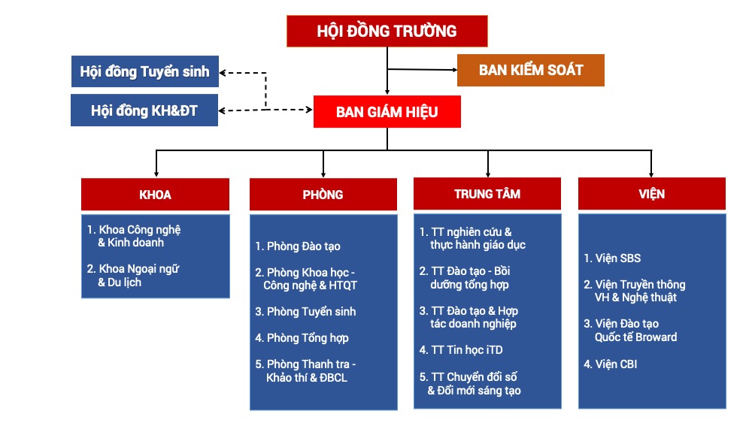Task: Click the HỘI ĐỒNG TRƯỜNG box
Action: (x=387, y=31)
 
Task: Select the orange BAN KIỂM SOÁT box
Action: (x=531, y=70)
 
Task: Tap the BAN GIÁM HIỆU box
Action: (x=387, y=112)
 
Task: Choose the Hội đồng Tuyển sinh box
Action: (x=144, y=72)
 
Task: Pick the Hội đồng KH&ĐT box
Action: (x=144, y=110)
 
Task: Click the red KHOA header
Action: (x=155, y=195)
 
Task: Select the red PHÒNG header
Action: (x=323, y=195)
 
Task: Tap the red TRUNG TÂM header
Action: (x=487, y=194)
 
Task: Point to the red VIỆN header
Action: (x=651, y=194)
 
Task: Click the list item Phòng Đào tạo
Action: (x=298, y=246)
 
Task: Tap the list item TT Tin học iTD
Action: (x=461, y=350)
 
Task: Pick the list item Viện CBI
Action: (x=611, y=364)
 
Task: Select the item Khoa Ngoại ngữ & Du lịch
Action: (x=133, y=276)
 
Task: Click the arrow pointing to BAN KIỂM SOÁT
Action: (x=453, y=70)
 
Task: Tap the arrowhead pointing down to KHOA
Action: (x=156, y=172)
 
